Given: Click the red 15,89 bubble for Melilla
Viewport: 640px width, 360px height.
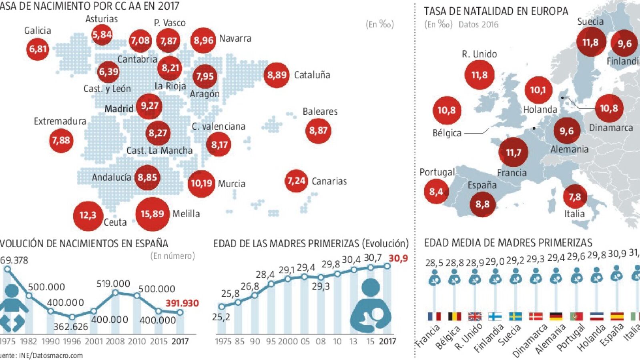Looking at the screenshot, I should click(x=152, y=214).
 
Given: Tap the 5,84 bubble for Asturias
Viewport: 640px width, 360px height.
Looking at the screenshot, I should click(x=102, y=34).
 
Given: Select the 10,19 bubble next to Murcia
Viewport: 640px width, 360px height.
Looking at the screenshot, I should click(x=201, y=184).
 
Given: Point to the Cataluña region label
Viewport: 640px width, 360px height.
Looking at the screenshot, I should click(x=312, y=75).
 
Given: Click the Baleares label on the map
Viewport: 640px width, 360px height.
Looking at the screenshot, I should click(x=320, y=112).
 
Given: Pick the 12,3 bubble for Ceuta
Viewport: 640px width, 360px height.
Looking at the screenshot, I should click(x=88, y=216).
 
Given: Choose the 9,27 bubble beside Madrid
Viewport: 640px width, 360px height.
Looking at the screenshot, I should click(x=149, y=106).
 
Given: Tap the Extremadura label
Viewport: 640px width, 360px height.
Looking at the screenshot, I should click(x=60, y=121).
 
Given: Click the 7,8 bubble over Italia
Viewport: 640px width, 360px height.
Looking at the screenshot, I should click(x=574, y=197).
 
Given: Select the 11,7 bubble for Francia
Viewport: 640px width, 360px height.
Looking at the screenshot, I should click(x=514, y=152).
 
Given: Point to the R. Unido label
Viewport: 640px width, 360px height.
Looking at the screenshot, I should click(x=479, y=54).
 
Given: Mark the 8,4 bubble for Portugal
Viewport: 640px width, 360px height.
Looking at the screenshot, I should click(x=436, y=192).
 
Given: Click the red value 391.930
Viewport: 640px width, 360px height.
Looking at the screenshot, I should click(x=182, y=303).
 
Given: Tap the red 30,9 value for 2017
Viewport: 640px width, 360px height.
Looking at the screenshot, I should click(x=398, y=258).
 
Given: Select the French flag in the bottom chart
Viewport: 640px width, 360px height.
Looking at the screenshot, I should click(x=434, y=317).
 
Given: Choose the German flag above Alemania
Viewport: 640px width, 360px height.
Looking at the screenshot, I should click(x=556, y=317).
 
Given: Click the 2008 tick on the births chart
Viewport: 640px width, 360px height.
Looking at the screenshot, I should click(x=115, y=341).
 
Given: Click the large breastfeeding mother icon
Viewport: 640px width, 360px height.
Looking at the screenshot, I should click(x=371, y=306).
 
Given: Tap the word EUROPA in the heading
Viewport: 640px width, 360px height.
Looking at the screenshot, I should click(x=550, y=11).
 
